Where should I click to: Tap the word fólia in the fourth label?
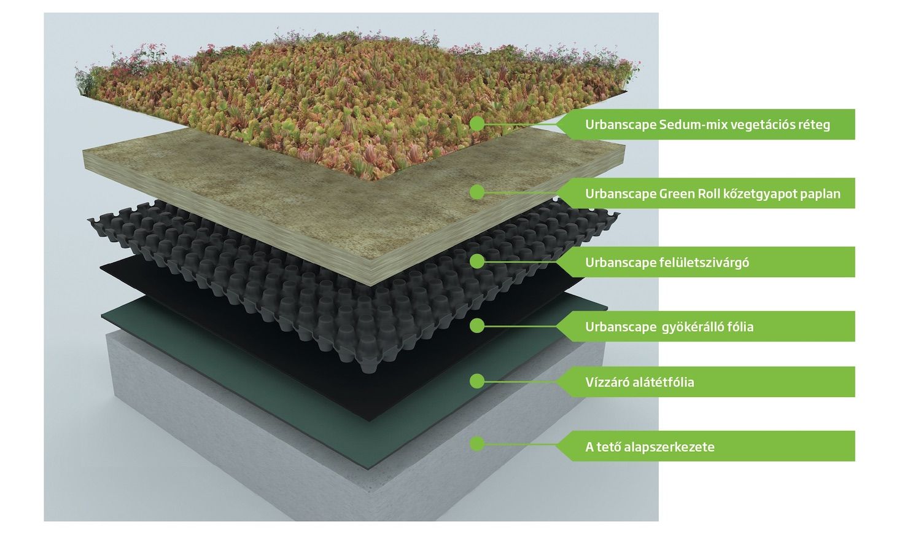(740, 327)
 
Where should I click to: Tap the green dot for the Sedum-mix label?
(477, 124)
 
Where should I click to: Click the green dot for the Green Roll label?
(477, 192)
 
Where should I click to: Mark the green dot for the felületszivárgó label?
(477, 261)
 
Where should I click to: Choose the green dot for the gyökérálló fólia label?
(477, 326)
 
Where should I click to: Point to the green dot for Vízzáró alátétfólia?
(477, 382)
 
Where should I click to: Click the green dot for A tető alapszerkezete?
(477, 444)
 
